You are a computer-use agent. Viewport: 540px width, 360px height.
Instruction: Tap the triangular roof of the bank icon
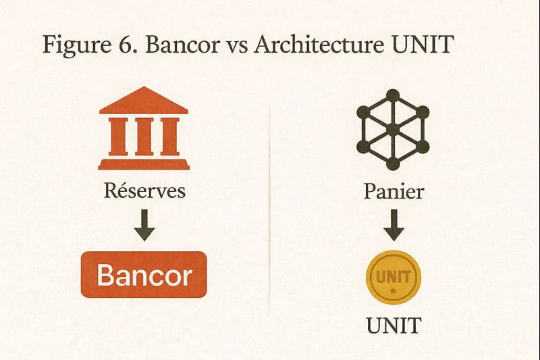(x=144, y=101)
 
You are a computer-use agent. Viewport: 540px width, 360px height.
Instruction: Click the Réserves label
(x=144, y=190)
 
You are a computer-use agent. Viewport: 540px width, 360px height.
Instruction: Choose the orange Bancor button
(x=144, y=275)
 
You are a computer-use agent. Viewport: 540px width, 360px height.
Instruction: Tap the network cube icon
(x=393, y=128)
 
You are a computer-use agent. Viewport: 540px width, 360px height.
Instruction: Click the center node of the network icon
(x=393, y=128)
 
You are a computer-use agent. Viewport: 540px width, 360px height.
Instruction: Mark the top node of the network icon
(x=393, y=93)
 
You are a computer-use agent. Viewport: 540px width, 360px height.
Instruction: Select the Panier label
(x=394, y=191)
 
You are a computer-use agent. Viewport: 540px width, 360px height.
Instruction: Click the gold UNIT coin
(x=392, y=278)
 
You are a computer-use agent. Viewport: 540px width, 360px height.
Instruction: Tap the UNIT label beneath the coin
(x=393, y=325)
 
